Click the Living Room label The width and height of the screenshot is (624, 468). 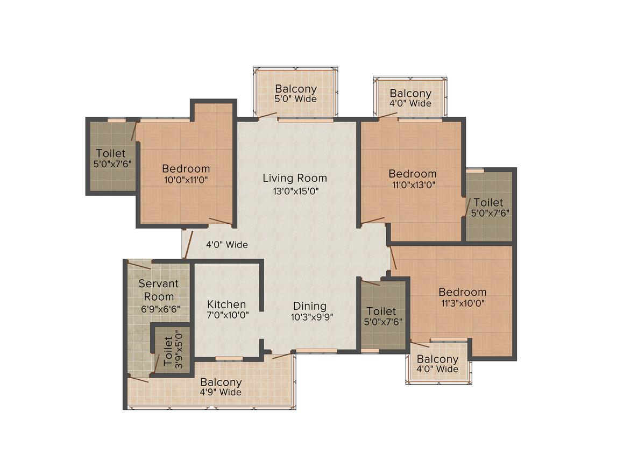coord(294,178)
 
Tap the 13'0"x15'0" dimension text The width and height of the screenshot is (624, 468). coord(294,191)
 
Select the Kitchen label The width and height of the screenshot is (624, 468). coord(226,304)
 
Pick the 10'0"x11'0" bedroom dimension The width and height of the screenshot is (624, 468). coord(186,180)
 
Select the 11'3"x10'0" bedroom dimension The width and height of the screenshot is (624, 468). coord(462,303)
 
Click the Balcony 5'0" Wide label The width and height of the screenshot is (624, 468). coord(296,94)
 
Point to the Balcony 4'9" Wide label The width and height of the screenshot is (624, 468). coord(221,387)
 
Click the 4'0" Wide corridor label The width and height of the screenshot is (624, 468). coord(227,245)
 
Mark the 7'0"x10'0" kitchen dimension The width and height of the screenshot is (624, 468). coord(228,316)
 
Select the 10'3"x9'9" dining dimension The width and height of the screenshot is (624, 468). coord(313,317)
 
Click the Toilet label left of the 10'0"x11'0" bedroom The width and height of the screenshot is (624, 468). coord(110,153)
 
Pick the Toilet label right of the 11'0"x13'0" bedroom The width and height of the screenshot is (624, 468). coord(488,203)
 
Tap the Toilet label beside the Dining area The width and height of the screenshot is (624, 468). coord(381,311)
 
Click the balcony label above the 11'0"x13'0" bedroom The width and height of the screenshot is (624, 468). coord(411,98)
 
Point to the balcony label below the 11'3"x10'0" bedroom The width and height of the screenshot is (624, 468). coord(438,364)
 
